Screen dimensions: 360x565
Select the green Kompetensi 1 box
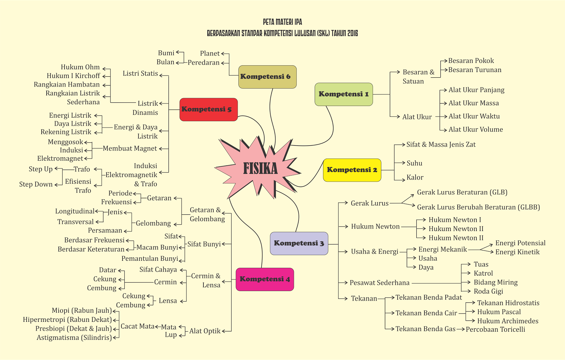coord(344,94)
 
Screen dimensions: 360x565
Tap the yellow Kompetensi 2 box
coord(352,170)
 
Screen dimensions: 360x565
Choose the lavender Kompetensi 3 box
coord(299,243)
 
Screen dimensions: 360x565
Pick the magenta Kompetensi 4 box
coord(264,279)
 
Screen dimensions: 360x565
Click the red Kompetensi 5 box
coord(208,110)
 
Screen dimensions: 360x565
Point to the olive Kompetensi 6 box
coord(267,77)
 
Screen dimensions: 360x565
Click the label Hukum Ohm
coord(80,67)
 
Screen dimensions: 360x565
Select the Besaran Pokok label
coord(471,61)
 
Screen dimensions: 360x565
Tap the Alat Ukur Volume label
coord(476,130)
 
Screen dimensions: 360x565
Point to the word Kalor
coord(415,177)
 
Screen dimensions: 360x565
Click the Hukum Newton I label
coord(455,220)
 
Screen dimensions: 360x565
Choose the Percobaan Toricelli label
coord(495,329)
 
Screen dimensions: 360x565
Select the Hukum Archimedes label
coord(508,321)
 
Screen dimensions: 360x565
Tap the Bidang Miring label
coord(496,282)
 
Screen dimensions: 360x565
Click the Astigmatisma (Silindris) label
coord(74,338)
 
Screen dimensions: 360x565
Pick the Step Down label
coord(36,184)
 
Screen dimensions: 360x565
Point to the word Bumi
coord(166,53)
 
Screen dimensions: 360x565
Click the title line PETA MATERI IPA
coord(282,22)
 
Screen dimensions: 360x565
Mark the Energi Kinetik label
coord(517,252)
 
